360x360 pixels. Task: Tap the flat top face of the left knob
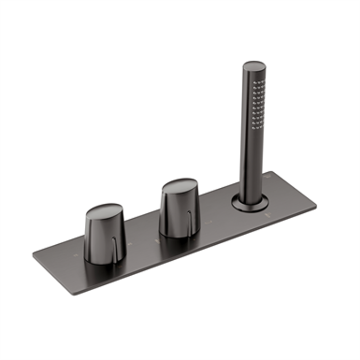(103, 211)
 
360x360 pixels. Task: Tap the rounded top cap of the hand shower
(254, 68)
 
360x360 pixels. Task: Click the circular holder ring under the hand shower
(250, 203)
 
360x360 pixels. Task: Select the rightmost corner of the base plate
(316, 205)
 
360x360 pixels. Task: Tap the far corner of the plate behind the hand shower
(271, 172)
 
